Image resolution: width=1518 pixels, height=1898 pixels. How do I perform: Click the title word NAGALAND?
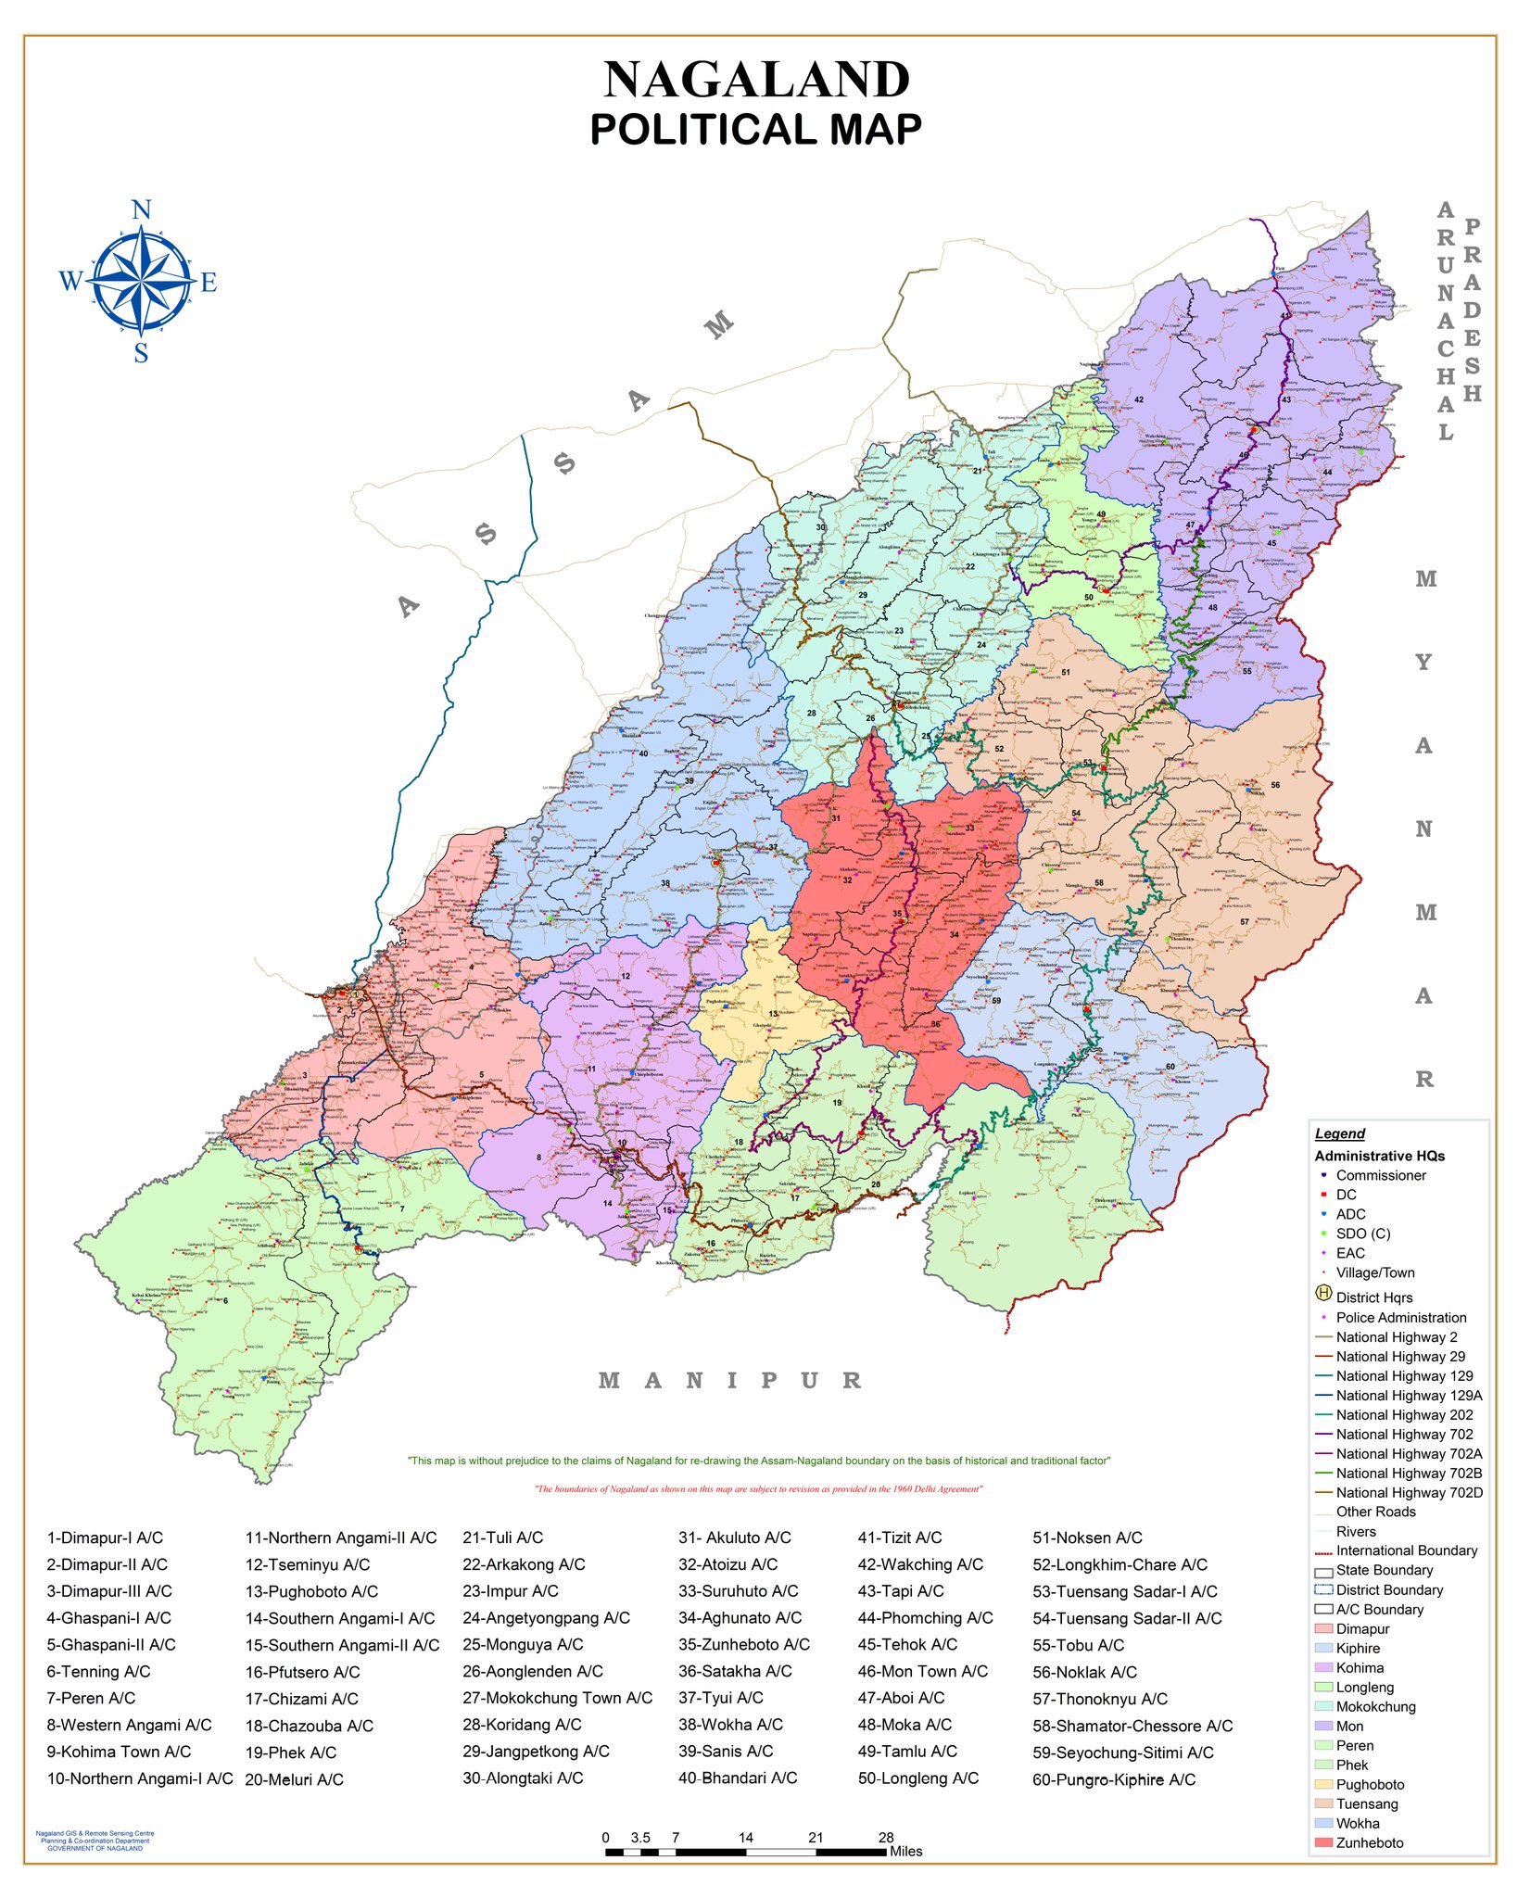(756, 81)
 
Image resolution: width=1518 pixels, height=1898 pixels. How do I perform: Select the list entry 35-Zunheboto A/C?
(743, 1645)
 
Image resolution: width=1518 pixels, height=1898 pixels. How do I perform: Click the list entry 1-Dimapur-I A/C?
(105, 1538)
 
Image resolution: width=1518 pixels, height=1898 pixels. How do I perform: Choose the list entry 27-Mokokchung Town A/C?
(557, 1699)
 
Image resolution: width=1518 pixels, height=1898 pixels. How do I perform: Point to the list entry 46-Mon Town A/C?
(922, 1672)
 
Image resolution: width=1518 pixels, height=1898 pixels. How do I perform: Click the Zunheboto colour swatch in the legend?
(1323, 1843)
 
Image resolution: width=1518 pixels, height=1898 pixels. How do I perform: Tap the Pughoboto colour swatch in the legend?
(1323, 1785)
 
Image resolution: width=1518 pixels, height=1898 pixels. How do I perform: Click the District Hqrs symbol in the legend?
(1323, 1295)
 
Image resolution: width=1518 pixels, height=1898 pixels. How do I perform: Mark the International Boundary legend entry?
(1406, 1551)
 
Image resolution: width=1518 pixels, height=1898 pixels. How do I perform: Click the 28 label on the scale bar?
(886, 1838)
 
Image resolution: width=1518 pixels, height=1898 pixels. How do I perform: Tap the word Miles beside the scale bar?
(905, 1852)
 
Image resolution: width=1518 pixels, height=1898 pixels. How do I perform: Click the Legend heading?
(1339, 1134)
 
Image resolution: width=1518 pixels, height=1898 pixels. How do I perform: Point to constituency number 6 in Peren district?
(225, 1301)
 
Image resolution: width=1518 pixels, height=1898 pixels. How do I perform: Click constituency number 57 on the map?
(1245, 922)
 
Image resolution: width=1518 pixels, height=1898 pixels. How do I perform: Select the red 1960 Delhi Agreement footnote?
(758, 1489)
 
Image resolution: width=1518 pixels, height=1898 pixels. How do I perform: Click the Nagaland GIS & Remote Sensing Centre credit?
(95, 1841)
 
